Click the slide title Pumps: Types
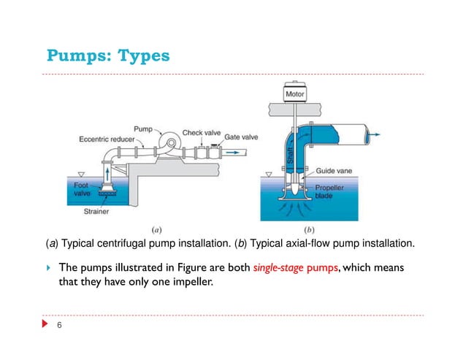pyautogui.click(x=108, y=55)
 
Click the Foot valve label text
pyautogui.click(x=83, y=191)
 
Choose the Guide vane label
pyautogui.click(x=334, y=171)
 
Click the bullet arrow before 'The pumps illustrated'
pyautogui.click(x=49, y=267)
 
